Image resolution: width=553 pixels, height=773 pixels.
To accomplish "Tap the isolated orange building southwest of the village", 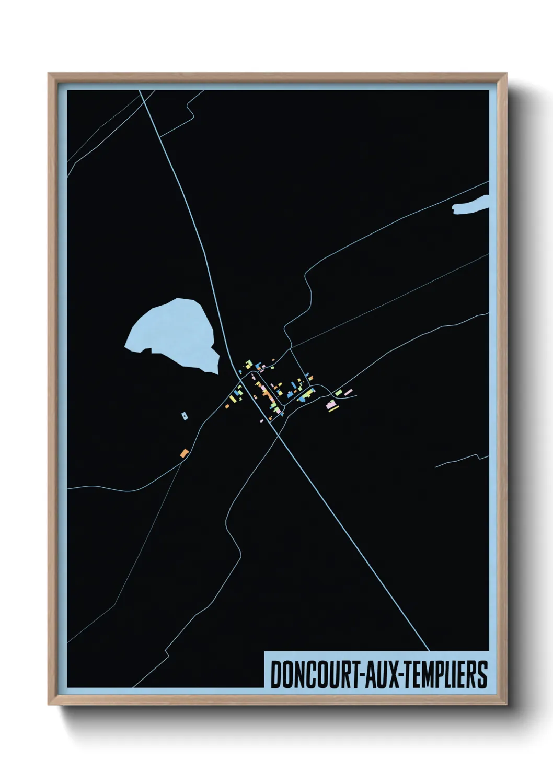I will (x=183, y=453).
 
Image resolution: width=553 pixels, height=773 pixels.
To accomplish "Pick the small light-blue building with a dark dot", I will (x=184, y=416).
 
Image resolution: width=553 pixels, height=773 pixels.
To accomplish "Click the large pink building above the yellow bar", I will (x=330, y=404).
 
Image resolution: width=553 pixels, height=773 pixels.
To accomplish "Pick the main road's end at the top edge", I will (x=140, y=91).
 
